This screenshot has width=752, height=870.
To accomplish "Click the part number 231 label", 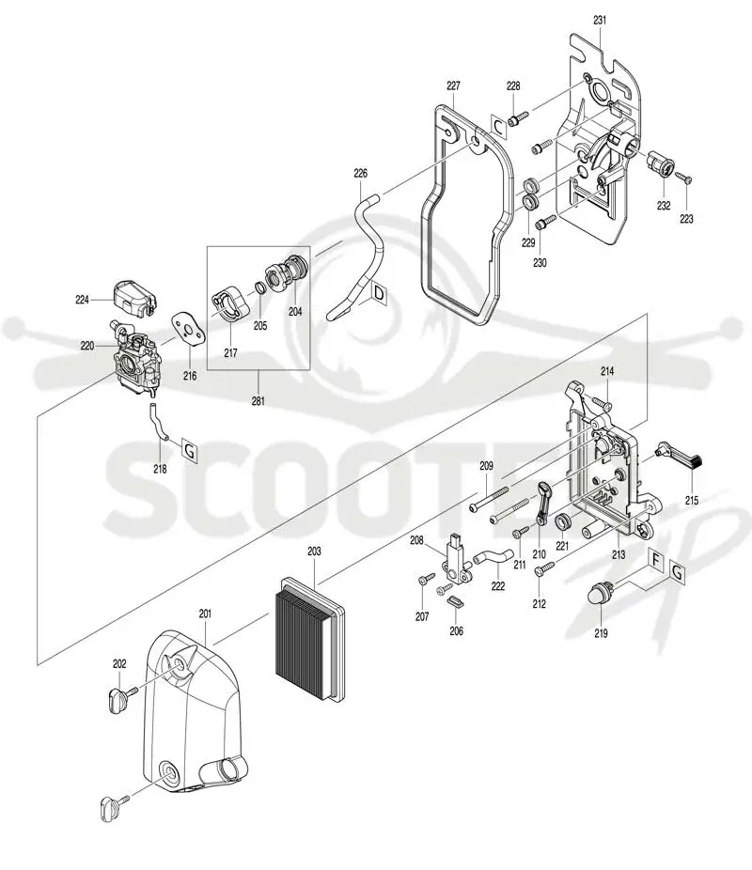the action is (x=600, y=20).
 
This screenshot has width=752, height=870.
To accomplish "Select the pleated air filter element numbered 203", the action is (x=312, y=637).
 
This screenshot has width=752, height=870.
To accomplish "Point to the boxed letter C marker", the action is (x=499, y=127).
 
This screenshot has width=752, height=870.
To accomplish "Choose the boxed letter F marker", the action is (x=656, y=559).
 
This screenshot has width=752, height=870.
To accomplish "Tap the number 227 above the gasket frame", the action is (x=453, y=85).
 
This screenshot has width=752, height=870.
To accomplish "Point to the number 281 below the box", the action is (x=258, y=400).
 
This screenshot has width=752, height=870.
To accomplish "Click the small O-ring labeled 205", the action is (x=259, y=288).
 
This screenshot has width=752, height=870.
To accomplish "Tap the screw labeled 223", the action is (x=683, y=178).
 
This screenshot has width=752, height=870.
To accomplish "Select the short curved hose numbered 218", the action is (x=157, y=423).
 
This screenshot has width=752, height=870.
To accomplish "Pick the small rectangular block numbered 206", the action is (x=455, y=601).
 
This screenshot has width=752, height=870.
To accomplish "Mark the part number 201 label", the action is (x=205, y=614).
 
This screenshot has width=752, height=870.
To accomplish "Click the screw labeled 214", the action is (x=601, y=402).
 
